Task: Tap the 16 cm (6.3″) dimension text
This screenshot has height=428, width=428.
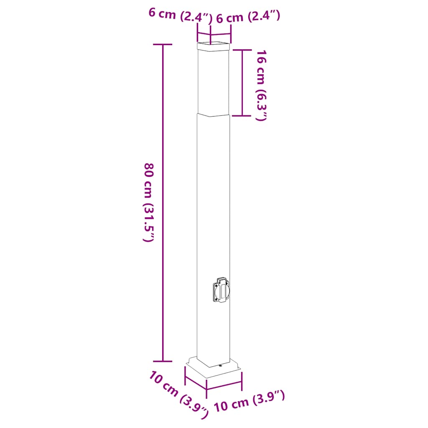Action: (x=261, y=85)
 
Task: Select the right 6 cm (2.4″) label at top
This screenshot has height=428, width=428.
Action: (x=247, y=17)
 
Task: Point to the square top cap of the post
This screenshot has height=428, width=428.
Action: (x=213, y=46)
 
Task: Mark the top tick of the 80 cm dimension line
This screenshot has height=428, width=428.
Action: (x=163, y=44)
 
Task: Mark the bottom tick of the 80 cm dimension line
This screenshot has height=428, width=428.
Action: (x=163, y=361)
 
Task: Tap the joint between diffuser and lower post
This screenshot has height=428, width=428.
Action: (x=213, y=114)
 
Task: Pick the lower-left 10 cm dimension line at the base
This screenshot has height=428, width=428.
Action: (x=195, y=382)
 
